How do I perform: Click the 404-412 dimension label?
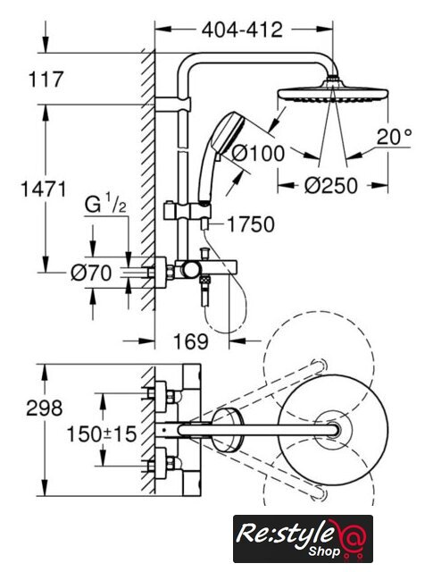click(242, 29)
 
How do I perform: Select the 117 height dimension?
click(46, 80)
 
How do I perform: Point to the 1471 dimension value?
click(44, 189)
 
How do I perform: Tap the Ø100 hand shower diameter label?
click(258, 153)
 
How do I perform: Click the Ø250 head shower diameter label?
click(331, 186)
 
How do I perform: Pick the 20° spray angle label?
click(394, 137)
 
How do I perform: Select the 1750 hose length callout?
click(251, 224)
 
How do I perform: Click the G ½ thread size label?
click(105, 205)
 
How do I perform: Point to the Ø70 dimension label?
click(91, 273)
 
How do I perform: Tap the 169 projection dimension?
click(191, 341)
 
